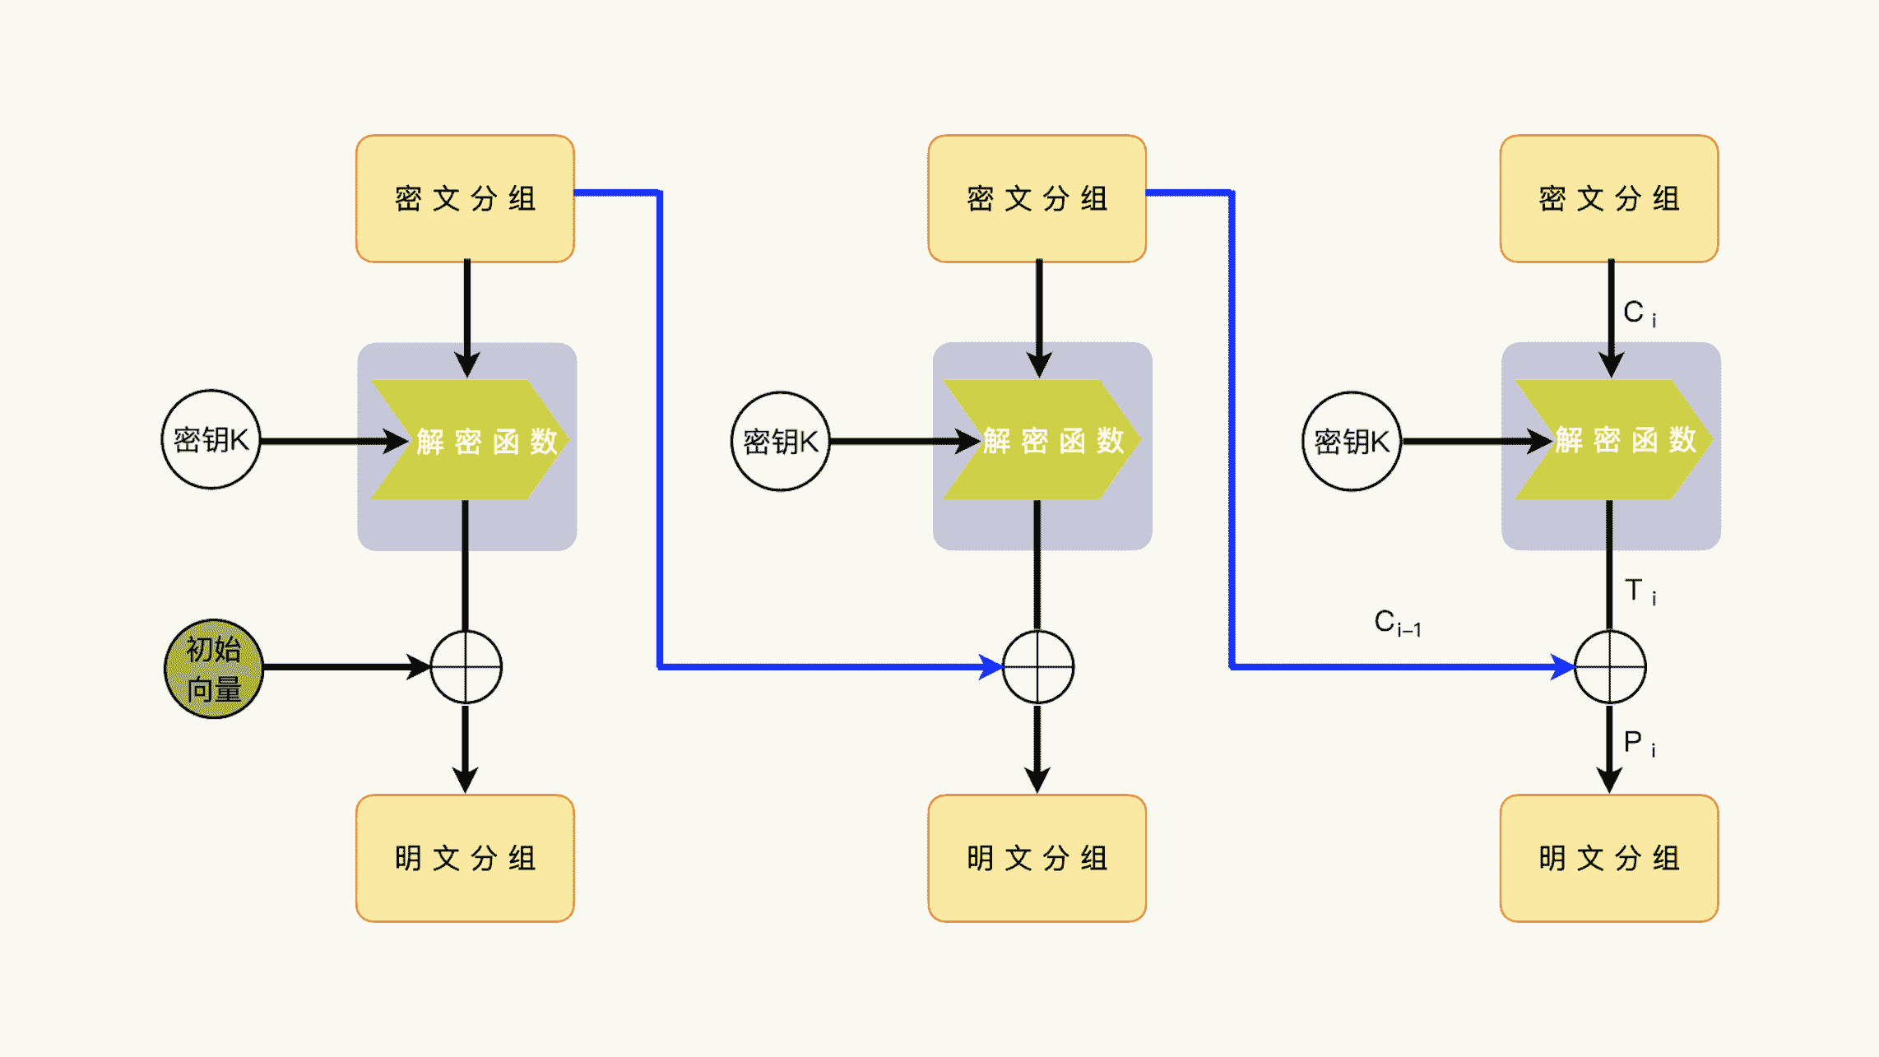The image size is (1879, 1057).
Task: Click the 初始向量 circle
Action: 214,669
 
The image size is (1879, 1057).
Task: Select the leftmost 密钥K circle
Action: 211,440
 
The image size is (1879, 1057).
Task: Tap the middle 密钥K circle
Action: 781,442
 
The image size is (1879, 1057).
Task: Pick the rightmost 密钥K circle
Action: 1352,442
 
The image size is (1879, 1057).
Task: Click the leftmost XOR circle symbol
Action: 466,667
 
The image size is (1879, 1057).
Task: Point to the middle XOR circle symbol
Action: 1038,667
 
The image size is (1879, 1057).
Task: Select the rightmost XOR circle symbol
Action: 1610,667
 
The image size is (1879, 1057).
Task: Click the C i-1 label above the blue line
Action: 1397,623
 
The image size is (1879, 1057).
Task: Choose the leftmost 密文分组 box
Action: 465,199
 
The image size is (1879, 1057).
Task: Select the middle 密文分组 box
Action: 1037,199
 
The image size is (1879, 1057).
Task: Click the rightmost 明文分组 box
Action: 1609,858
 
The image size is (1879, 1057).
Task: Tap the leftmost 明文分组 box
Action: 465,858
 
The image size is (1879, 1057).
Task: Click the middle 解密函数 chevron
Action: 1042,440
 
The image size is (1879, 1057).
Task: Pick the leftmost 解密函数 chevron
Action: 470,440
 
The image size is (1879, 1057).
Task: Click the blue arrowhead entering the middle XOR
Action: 991,667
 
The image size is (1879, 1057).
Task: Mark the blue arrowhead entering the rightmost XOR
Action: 1562,667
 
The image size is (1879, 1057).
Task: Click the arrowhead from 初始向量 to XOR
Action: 419,667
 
